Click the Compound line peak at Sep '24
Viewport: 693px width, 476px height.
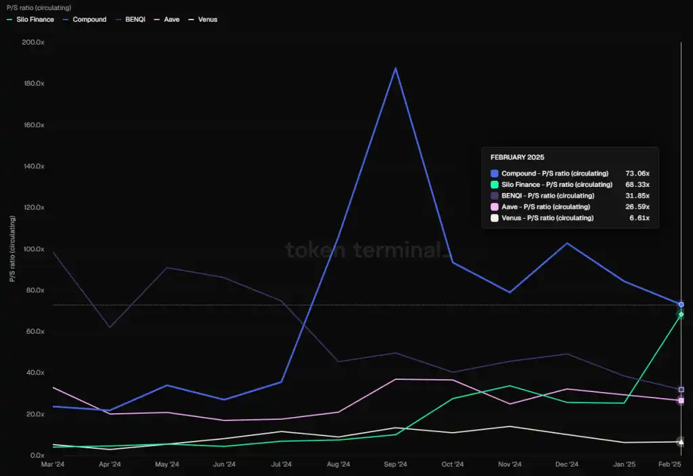395,68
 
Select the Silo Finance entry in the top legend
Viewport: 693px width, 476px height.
35,20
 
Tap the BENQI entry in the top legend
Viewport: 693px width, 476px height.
135,20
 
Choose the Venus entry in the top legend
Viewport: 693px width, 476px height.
208,20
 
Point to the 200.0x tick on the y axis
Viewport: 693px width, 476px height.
32,42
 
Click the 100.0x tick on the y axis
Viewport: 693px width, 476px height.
32,249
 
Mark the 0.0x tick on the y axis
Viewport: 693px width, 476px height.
36,456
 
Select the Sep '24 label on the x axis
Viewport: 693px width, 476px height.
395,464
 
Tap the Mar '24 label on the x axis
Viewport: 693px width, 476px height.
53,464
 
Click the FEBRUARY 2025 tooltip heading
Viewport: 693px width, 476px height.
517,157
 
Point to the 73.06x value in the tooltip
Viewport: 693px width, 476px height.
637,174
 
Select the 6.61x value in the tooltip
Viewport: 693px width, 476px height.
639,218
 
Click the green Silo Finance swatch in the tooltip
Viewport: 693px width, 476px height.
495,185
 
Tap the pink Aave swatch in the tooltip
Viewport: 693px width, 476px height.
495,207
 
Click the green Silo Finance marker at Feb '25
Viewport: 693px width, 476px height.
681,314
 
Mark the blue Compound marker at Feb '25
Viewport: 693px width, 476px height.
681,304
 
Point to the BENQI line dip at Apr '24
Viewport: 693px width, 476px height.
110,328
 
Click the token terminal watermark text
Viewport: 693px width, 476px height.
366,250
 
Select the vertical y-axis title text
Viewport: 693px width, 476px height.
12,249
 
